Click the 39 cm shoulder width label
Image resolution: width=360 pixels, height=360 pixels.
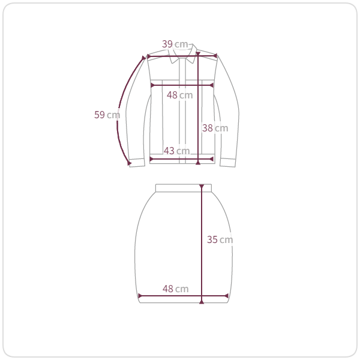[175, 44]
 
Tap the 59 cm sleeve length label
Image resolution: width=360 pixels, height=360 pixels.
[107, 115]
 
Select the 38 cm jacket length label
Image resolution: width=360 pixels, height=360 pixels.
[215, 128]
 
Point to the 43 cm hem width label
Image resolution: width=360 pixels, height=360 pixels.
[177, 151]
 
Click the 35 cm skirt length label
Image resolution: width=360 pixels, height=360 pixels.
[220, 239]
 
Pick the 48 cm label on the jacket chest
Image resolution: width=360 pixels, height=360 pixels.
[180, 95]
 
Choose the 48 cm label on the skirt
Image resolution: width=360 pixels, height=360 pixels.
[176, 289]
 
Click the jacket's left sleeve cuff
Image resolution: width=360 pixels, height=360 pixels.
[137, 163]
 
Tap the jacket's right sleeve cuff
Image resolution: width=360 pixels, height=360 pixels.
[228, 163]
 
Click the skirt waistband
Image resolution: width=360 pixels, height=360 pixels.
[184, 188]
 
